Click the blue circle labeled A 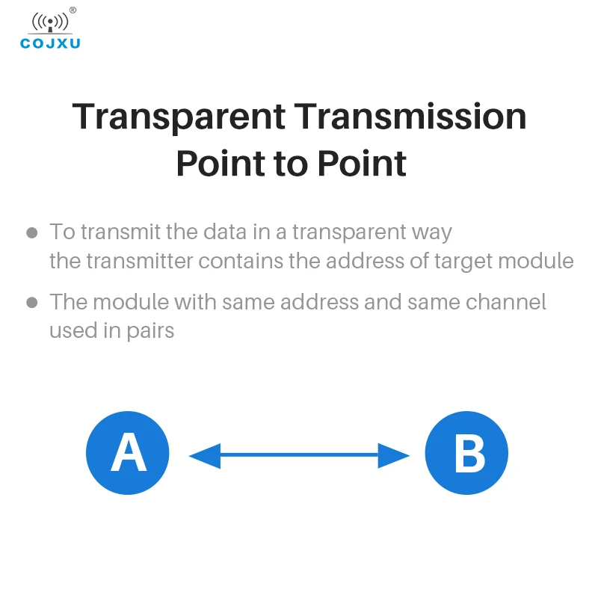click(x=128, y=453)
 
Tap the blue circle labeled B click(x=466, y=453)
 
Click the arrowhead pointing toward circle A click(x=204, y=454)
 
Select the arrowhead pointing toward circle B click(x=394, y=454)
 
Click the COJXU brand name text click(x=50, y=43)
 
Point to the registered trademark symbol click(x=73, y=10)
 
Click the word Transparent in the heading click(x=179, y=117)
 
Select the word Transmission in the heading click(x=410, y=117)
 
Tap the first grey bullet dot click(x=32, y=232)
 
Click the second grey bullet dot click(x=32, y=303)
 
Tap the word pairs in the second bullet click(x=149, y=330)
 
